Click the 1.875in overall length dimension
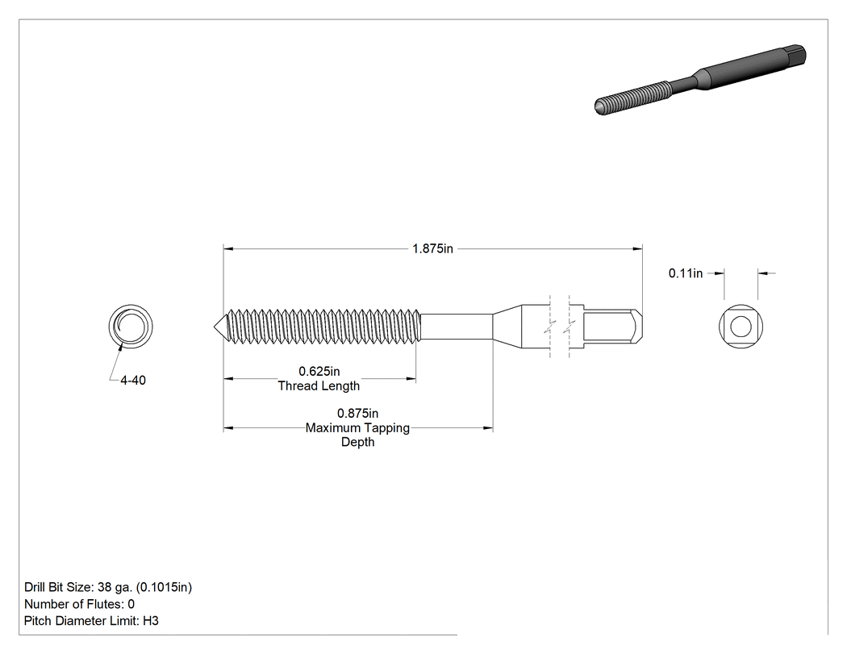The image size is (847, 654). point(432,249)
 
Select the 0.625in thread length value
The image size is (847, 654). point(319,372)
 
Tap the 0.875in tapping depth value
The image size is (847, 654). point(357,414)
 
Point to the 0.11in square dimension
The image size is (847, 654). point(686,273)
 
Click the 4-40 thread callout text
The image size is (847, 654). point(133,381)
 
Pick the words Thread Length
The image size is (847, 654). point(319,386)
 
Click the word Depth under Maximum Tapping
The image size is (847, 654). point(357,442)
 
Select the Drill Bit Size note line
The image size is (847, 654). point(108,588)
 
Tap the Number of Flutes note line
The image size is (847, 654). point(79,604)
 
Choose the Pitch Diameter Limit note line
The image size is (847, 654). point(91,621)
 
